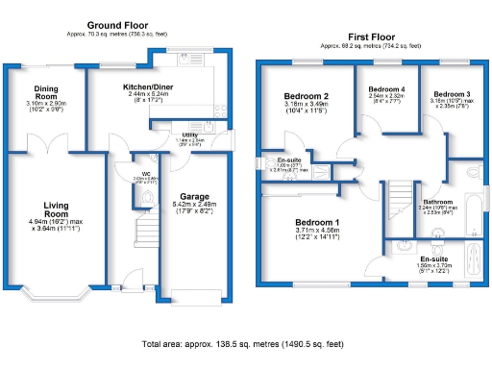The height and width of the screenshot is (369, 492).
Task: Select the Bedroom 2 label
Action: click(x=307, y=97)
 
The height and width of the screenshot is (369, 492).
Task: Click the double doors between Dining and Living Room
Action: click(x=46, y=147)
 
